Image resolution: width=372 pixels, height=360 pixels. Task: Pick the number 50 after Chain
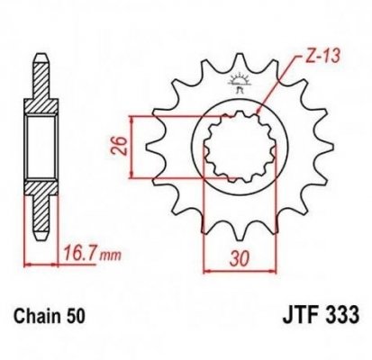(78, 317)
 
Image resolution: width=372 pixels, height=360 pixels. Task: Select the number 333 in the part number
(341, 317)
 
